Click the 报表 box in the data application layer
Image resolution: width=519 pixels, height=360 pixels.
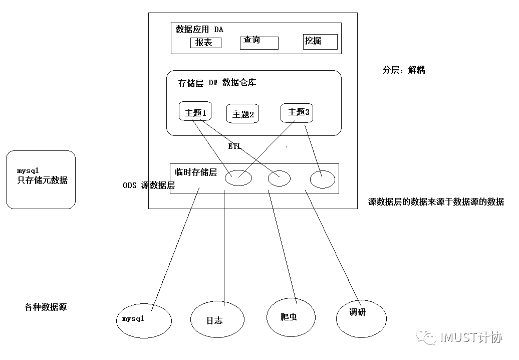pos(205,43)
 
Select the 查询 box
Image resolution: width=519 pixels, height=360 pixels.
pos(259,42)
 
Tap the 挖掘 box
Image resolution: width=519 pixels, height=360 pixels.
pos(320,42)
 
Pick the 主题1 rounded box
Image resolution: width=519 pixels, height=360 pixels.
pos(195,112)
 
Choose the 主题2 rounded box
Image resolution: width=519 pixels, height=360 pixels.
pos(243,114)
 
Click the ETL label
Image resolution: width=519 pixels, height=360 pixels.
pos(234,146)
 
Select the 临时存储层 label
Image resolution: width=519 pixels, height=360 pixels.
pos(196,172)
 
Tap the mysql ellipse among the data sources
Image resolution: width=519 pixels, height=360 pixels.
pos(144,319)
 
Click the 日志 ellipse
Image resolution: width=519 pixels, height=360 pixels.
pos(217,319)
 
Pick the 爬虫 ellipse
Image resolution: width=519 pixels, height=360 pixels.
pos(291,317)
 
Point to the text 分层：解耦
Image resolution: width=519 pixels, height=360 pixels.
pos(404,70)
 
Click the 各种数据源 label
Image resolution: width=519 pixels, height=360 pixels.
pos(46,307)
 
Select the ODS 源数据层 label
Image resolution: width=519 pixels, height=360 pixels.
pos(149,186)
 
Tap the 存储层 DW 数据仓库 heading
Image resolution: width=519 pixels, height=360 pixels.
pos(217,83)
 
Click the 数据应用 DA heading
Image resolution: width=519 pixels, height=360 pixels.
pos(199,30)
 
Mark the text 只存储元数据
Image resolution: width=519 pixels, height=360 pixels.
pos(43,180)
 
